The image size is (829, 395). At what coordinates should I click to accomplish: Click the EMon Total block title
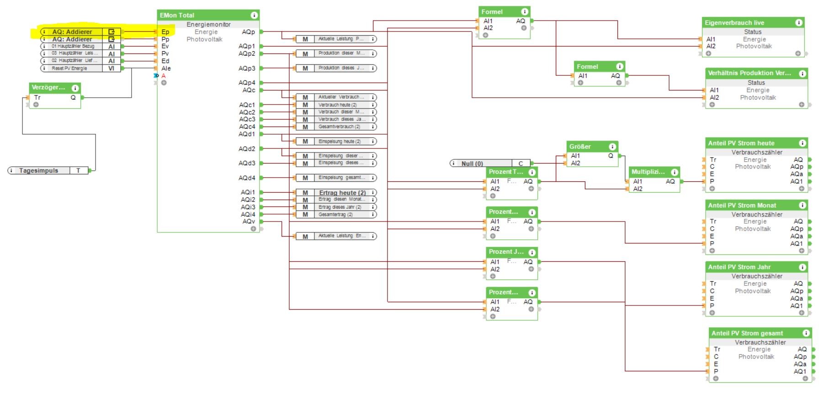point(177,15)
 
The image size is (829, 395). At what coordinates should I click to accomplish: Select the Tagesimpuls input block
point(39,170)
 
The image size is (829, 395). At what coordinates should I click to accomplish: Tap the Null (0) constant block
point(472,163)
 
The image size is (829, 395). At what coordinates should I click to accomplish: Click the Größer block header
point(580,147)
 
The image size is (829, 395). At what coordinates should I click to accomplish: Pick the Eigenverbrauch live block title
point(734,23)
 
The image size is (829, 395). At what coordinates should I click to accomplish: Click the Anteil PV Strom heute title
point(741,143)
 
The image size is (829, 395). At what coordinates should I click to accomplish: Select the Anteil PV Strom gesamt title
point(747,333)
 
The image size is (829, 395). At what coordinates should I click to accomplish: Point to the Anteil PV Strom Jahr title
point(739,267)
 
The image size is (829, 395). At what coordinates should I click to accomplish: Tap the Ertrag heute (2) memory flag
point(342,193)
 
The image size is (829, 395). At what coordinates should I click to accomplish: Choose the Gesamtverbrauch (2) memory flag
point(339,126)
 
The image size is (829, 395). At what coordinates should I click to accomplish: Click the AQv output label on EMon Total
point(249,221)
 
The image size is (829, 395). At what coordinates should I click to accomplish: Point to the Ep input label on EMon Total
point(165,32)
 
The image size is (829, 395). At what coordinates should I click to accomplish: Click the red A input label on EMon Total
point(163,76)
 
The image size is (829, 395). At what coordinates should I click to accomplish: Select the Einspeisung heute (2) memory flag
point(340,142)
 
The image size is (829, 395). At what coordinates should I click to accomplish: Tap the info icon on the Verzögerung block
point(75,88)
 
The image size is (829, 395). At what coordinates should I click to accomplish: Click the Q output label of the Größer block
point(611,156)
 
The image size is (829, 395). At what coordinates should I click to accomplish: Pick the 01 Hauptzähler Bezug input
point(73,46)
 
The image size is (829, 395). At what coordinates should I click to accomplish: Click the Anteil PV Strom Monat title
point(742,205)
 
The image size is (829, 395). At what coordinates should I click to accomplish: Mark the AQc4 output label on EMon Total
point(247,126)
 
